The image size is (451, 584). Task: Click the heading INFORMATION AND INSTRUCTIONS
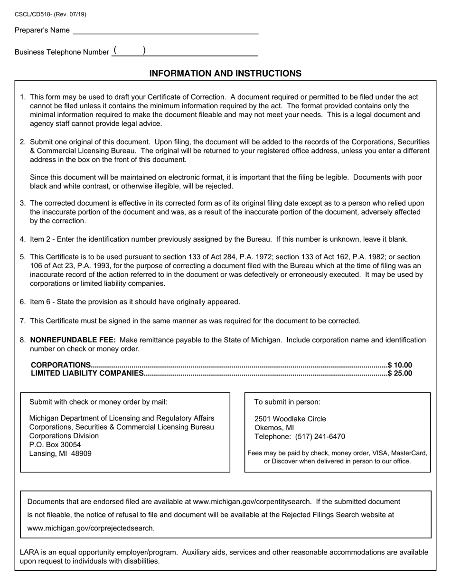[x=225, y=74]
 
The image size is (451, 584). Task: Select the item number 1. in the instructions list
[x=23, y=97]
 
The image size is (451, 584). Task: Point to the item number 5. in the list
[x=23, y=257]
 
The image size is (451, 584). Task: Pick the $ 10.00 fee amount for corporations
[x=400, y=365]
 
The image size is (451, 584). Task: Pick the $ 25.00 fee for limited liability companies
[x=400, y=373]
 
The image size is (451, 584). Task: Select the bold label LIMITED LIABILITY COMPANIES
[x=87, y=373]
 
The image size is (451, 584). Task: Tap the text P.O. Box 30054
[x=55, y=445]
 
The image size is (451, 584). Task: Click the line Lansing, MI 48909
[x=60, y=453]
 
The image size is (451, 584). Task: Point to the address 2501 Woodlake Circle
[x=290, y=419]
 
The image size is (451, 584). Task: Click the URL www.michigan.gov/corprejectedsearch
[x=91, y=528]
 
